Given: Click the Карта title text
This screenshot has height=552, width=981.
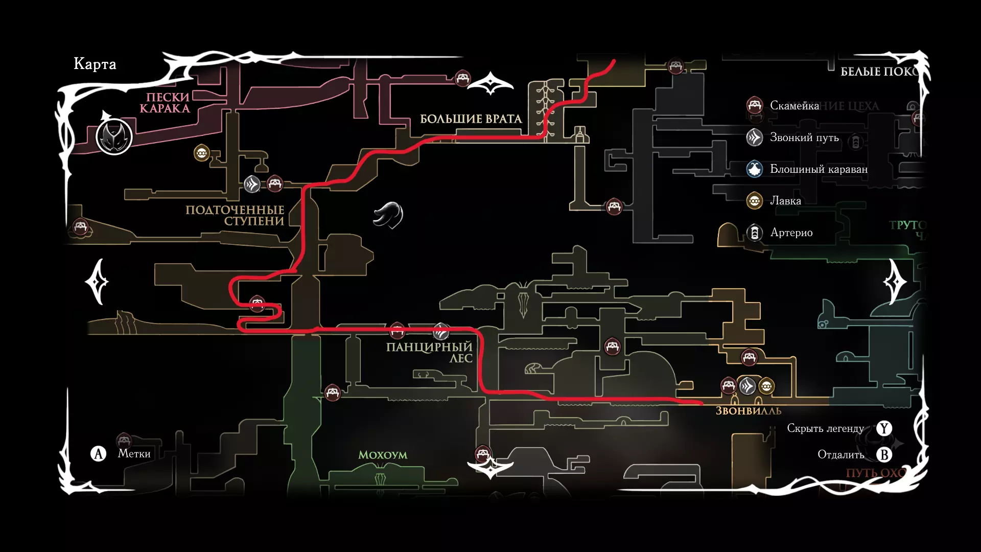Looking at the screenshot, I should [95, 64].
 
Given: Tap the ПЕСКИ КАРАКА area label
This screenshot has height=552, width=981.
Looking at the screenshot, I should [165, 103].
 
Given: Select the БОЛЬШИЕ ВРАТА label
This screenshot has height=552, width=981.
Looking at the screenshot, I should [471, 119].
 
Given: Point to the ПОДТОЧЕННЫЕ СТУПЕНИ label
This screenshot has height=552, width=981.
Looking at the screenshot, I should [235, 215].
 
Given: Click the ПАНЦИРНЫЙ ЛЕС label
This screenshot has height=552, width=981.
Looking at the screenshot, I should [429, 352].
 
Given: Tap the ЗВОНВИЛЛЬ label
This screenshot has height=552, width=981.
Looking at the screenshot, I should [748, 411].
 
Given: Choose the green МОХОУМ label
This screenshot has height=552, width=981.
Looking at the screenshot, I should [383, 455].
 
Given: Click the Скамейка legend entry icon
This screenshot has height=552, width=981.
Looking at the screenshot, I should [755, 105].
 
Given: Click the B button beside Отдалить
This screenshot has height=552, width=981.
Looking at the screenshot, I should [884, 454].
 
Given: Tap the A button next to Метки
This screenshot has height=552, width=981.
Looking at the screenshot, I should [98, 453].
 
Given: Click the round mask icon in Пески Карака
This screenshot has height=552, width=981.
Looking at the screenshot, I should [114, 136].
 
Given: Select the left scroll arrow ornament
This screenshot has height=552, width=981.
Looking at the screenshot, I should [98, 282].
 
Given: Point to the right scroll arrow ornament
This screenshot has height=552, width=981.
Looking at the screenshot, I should [895, 282].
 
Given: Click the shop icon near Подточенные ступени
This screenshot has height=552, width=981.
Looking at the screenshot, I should [202, 153].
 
